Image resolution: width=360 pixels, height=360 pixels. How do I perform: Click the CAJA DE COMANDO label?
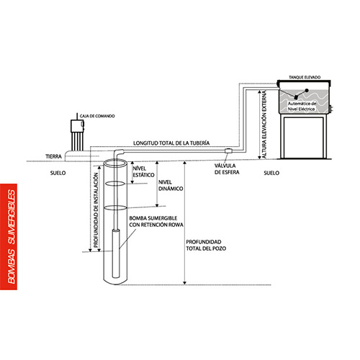pyautogui.click(x=97, y=116)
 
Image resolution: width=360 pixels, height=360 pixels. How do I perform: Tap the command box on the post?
pyautogui.click(x=77, y=126)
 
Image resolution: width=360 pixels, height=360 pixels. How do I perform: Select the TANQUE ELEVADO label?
pyautogui.click(x=305, y=77)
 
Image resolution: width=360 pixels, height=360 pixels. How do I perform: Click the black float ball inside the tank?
pyautogui.click(x=307, y=90)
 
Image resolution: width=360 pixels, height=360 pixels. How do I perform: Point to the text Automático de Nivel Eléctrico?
pyautogui.click(x=302, y=107)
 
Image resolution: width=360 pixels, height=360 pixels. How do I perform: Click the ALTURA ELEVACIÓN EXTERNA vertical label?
pyautogui.click(x=264, y=125)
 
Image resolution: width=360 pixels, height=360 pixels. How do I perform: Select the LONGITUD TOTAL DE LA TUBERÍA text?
pyautogui.click(x=171, y=143)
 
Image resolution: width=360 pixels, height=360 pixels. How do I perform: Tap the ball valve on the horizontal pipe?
pyautogui.click(x=228, y=150)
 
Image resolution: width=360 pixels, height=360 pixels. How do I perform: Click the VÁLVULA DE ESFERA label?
pyautogui.click(x=227, y=169)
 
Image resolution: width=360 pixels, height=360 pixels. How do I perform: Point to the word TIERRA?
pyautogui.click(x=54, y=156)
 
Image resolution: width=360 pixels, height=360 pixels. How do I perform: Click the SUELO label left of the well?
pyautogui.click(x=58, y=173)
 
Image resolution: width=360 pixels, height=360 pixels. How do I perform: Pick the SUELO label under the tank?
pyautogui.click(x=271, y=173)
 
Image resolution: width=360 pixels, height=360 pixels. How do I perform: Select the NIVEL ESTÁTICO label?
pyautogui.click(x=143, y=171)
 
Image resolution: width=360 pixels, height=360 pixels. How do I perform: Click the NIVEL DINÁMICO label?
pyautogui.click(x=171, y=186)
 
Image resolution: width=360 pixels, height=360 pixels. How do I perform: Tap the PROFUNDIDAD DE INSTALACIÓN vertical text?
pyautogui.click(x=96, y=210)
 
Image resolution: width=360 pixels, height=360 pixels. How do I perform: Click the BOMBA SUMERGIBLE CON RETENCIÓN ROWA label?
pyautogui.click(x=156, y=222)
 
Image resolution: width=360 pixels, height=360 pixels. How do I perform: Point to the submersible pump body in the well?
pyautogui.click(x=116, y=253)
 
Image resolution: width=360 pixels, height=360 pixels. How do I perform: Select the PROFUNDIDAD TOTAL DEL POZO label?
pyautogui.click(x=206, y=245)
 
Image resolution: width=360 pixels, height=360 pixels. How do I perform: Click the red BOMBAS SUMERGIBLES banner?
pyautogui.click(x=9, y=237)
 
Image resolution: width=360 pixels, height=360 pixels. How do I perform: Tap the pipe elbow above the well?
pyautogui.click(x=119, y=153)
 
